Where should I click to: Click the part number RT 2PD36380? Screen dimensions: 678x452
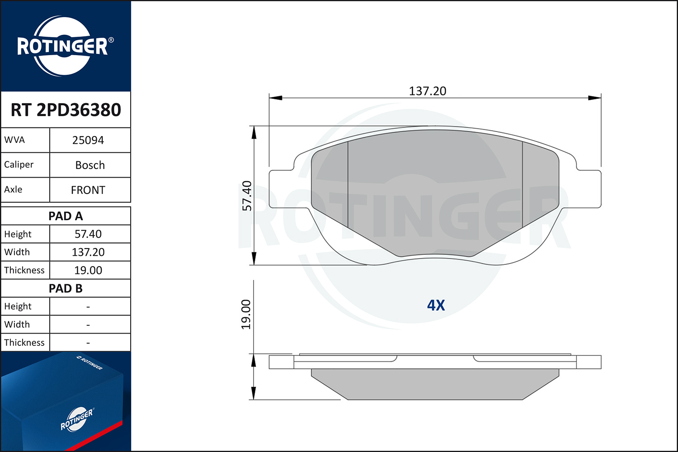pos(66,109)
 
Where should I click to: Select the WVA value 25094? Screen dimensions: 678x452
pos(88,140)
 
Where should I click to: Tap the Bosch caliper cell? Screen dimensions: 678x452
pos(90,165)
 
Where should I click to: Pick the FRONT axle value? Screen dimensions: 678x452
pos(88,190)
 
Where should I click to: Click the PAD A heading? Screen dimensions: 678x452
pos(66,216)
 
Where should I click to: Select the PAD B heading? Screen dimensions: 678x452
pos(66,288)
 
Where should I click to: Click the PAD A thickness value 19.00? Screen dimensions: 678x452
pos(88,270)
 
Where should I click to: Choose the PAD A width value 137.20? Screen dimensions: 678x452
pos(88,252)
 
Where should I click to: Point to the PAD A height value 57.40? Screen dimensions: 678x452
pos(88,234)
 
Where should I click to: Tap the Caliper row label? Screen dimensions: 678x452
pos(19,165)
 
